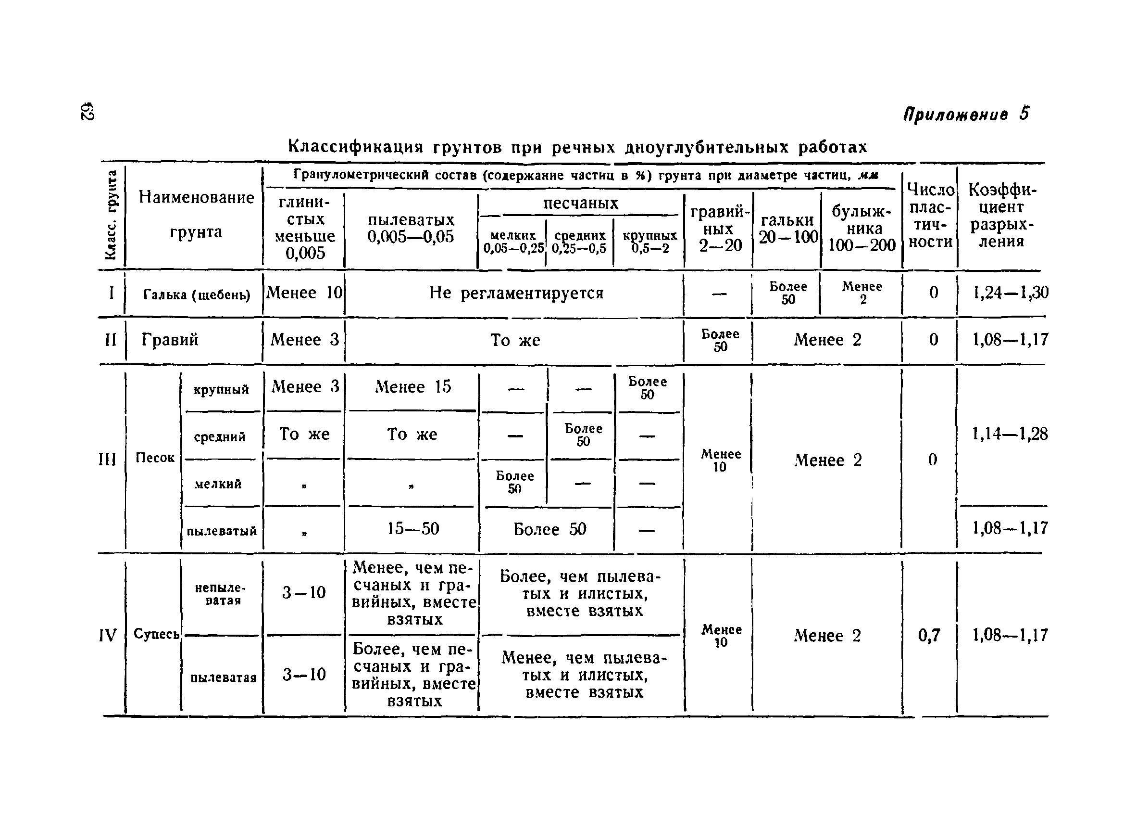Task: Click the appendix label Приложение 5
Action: point(966,115)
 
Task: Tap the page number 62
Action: point(87,112)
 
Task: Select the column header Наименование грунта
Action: point(196,215)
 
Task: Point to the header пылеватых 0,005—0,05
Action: point(411,229)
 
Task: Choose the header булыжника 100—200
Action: point(861,228)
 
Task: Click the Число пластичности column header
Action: point(930,216)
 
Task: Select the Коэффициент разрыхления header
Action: point(1001,216)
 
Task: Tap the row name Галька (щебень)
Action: point(196,294)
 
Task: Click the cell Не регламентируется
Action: point(516,293)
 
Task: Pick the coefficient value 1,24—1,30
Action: point(1010,293)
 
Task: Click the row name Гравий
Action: point(170,340)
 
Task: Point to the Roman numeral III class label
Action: point(107,459)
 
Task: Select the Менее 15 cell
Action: point(413,386)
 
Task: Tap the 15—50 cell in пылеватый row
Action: point(413,528)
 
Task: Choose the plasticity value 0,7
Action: point(929,636)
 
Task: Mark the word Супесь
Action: point(156,635)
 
